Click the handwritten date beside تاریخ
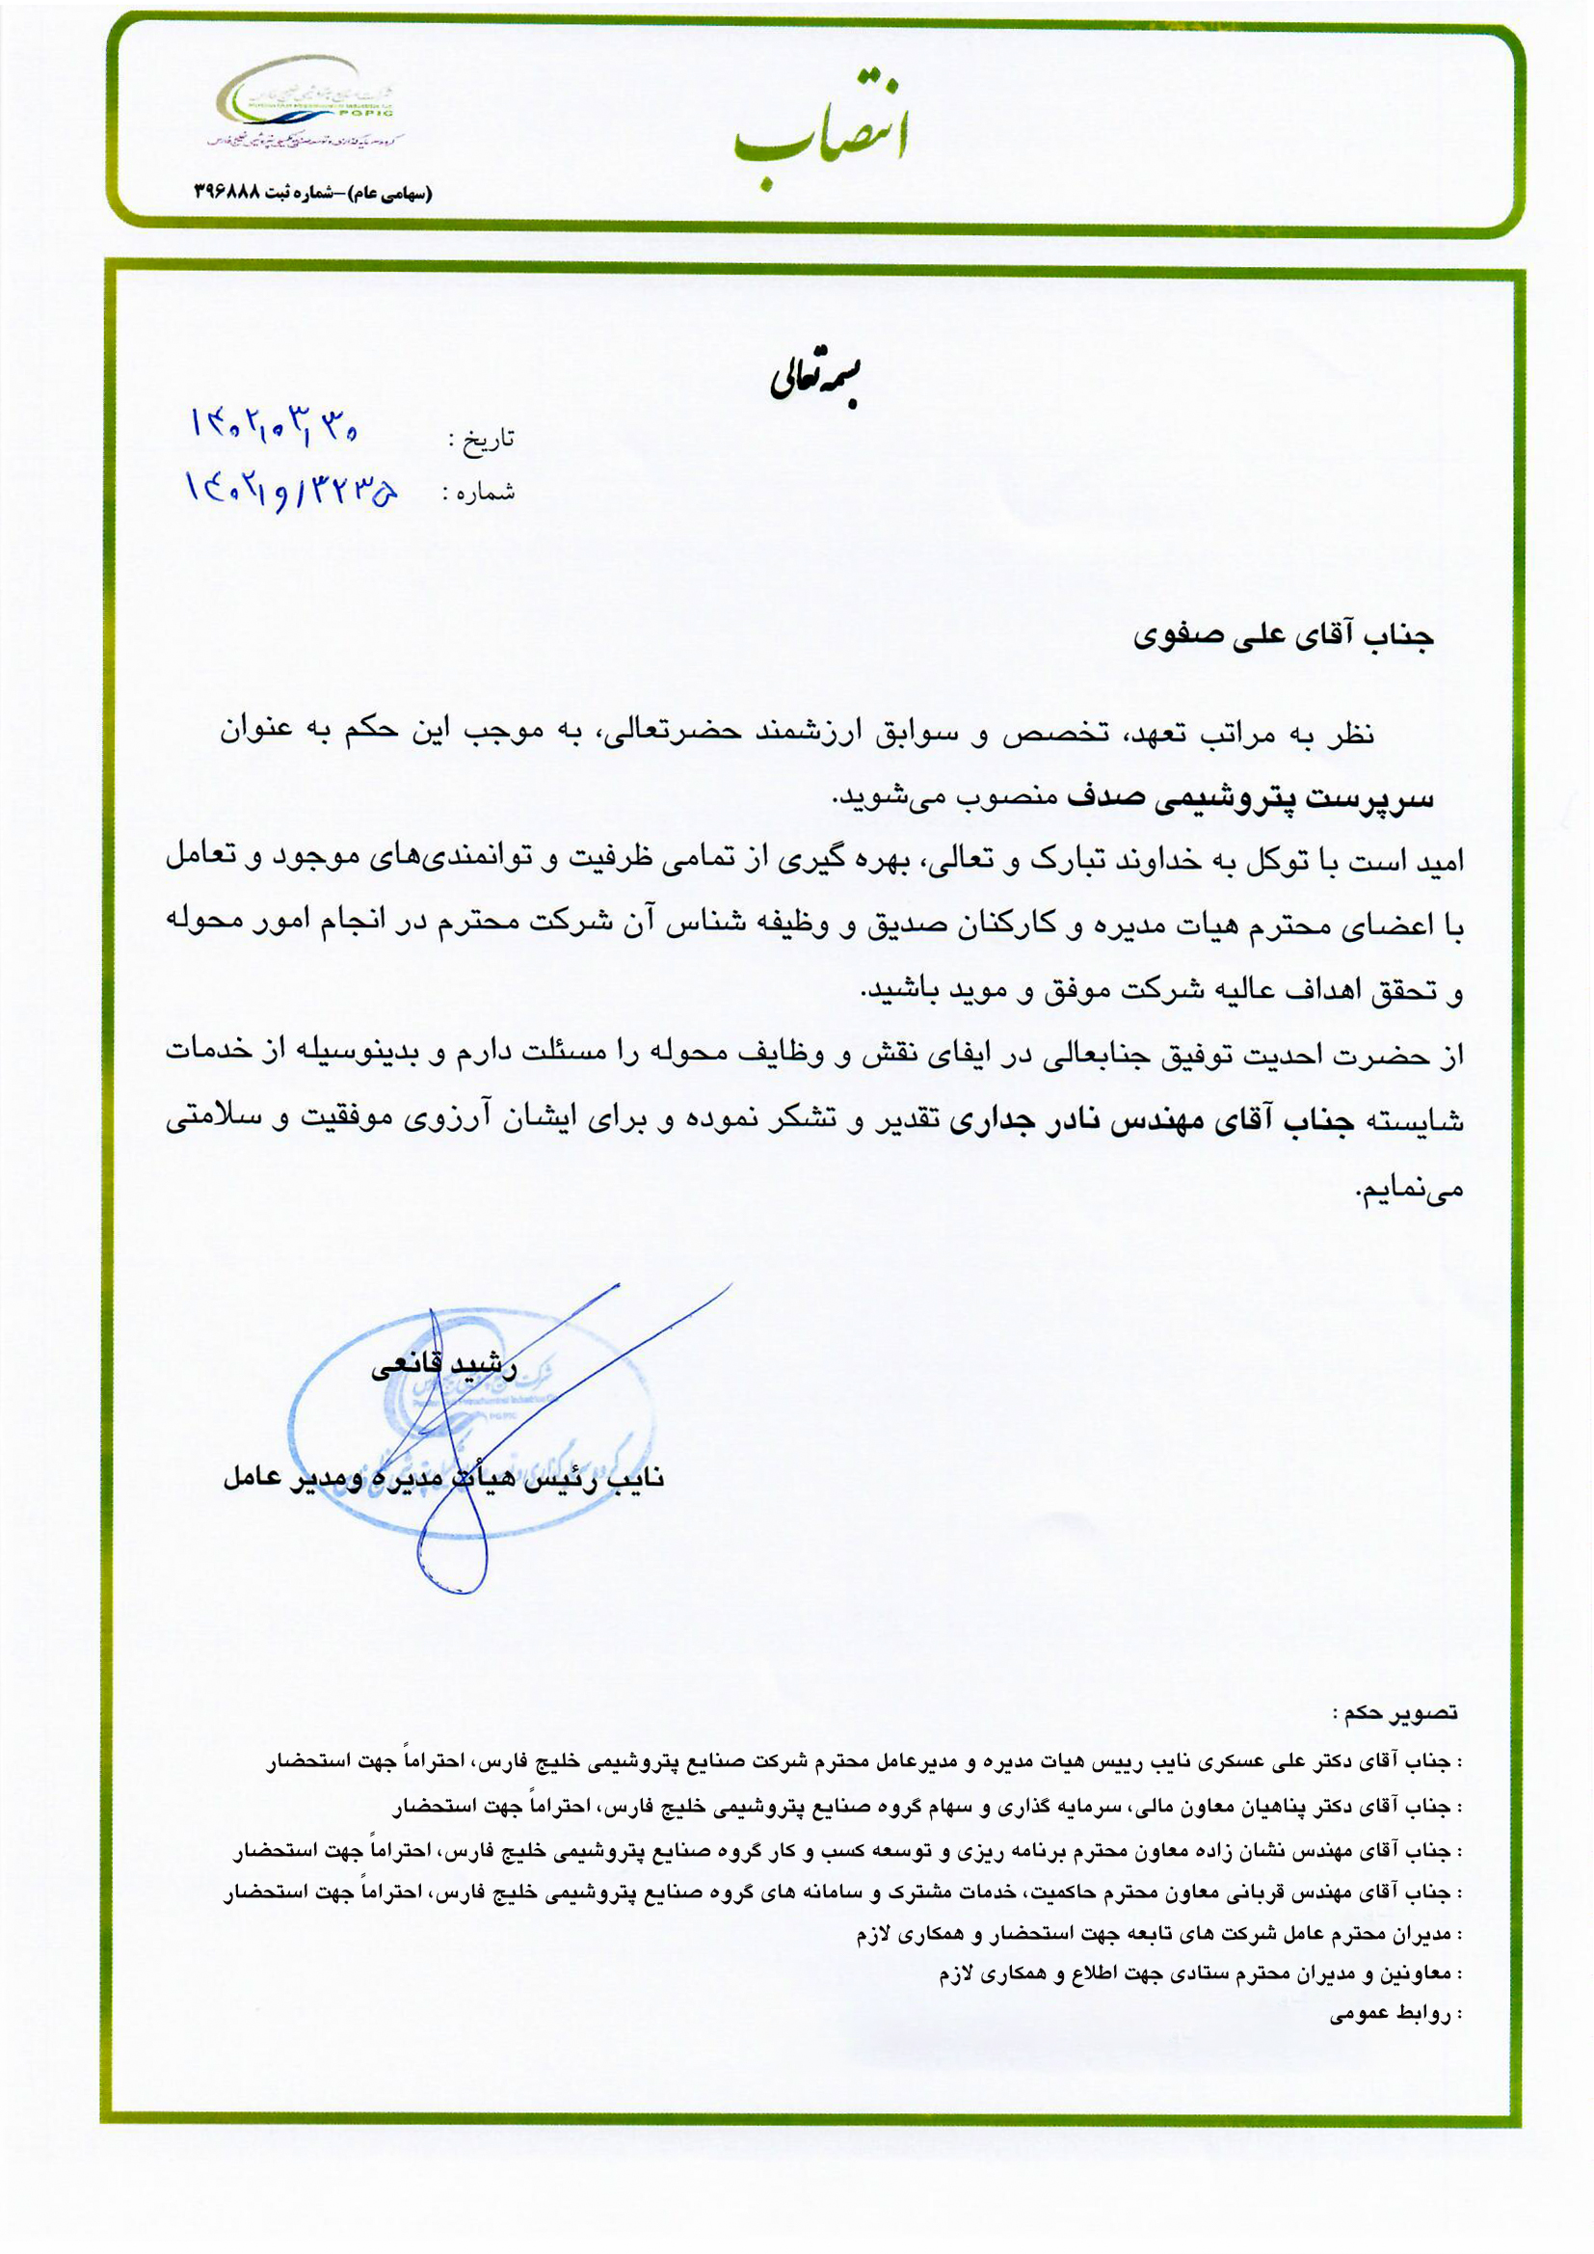tap(275, 424)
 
